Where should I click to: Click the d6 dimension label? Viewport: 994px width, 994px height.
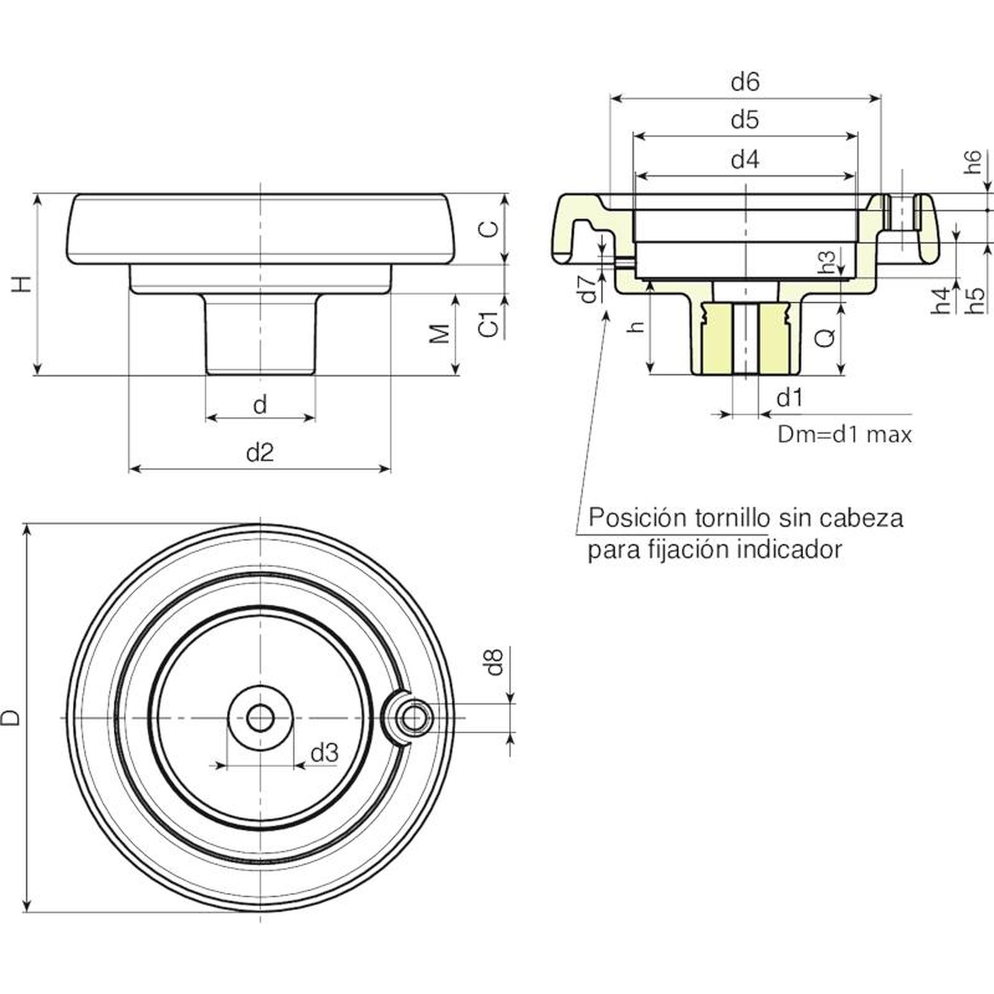745,82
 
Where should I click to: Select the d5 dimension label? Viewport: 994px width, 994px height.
745,119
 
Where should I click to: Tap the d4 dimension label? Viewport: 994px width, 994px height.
745,160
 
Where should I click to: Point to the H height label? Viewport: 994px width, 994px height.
22,284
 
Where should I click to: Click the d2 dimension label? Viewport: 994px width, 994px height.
260,452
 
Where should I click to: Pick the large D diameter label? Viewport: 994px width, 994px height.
11,718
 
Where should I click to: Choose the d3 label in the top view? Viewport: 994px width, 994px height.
324,753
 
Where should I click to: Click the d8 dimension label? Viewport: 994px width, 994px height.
494,662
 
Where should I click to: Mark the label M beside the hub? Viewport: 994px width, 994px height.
440,334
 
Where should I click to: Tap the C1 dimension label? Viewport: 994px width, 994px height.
490,324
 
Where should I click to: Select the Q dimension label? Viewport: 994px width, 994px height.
824,338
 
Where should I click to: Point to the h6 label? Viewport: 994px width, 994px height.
973,162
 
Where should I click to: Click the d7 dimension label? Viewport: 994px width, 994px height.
587,288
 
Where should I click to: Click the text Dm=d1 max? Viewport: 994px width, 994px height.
844,434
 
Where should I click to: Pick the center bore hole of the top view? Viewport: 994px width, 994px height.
260,718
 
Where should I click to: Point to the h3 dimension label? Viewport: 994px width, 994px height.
827,262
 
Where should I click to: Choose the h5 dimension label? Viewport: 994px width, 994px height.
976,300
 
